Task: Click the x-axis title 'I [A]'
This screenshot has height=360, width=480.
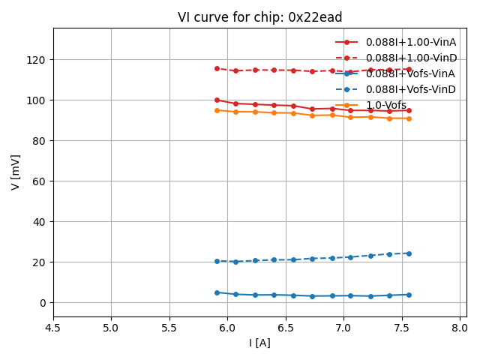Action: (260, 343)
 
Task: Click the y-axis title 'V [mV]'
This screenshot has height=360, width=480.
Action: (16, 172)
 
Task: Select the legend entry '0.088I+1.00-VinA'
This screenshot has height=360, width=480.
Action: (411, 42)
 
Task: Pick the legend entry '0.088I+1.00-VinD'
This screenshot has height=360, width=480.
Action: (411, 58)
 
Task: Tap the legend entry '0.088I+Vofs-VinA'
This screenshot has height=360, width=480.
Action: (411, 73)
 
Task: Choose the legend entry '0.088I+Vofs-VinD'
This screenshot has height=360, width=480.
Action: (411, 89)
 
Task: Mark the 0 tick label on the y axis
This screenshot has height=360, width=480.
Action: (43, 303)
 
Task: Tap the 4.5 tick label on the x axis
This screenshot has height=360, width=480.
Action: (53, 328)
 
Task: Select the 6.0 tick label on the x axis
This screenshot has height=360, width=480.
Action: (228, 328)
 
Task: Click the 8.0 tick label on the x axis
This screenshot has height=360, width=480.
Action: (460, 328)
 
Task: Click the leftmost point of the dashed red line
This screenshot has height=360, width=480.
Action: (217, 68)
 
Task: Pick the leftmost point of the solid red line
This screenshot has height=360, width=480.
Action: (217, 100)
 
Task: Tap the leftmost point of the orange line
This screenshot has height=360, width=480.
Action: (217, 110)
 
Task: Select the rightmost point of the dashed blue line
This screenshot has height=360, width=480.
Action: (409, 253)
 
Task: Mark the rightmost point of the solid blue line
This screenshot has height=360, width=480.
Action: (409, 295)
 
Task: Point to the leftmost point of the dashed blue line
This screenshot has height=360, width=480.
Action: (217, 261)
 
